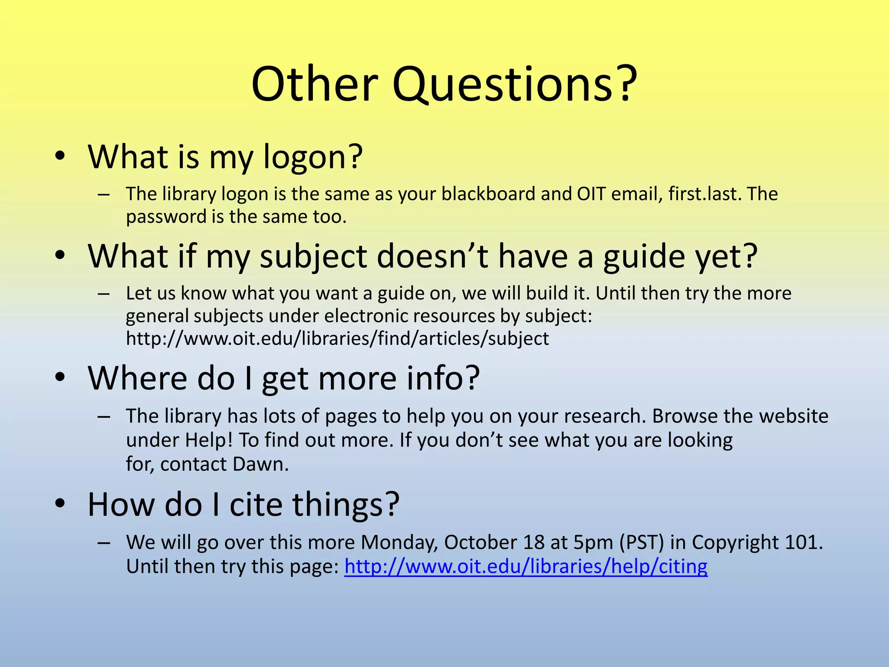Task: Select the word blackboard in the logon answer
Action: point(488,194)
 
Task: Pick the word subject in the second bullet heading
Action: point(313,257)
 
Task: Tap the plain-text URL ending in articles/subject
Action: point(337,339)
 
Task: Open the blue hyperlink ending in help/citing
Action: point(526,567)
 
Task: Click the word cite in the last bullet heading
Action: point(256,505)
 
